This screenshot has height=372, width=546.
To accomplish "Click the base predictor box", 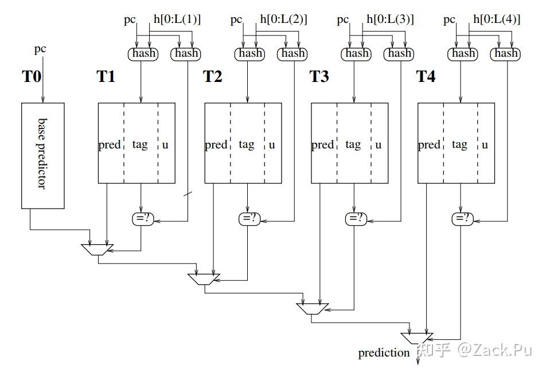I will click(x=43, y=155).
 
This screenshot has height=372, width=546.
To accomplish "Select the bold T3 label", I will click(x=319, y=77).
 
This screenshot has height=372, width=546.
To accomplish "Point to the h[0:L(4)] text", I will click(x=497, y=19).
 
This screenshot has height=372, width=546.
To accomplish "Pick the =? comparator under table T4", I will click(x=462, y=218).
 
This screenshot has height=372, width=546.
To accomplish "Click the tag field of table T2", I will click(x=247, y=144).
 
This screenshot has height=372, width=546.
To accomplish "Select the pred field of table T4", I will click(x=429, y=144).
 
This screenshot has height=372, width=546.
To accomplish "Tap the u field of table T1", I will click(x=166, y=144).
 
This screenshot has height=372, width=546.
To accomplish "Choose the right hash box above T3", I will click(x=399, y=53).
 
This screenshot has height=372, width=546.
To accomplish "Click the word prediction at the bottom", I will click(x=384, y=353).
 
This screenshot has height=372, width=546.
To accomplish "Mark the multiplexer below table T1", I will click(x=97, y=249).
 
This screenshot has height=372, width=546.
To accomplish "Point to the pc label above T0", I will click(x=40, y=49).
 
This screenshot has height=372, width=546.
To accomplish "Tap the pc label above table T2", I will click(x=236, y=20).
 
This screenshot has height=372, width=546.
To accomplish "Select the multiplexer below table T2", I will click(x=204, y=279).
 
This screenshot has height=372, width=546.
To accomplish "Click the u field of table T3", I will click(x=379, y=144).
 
